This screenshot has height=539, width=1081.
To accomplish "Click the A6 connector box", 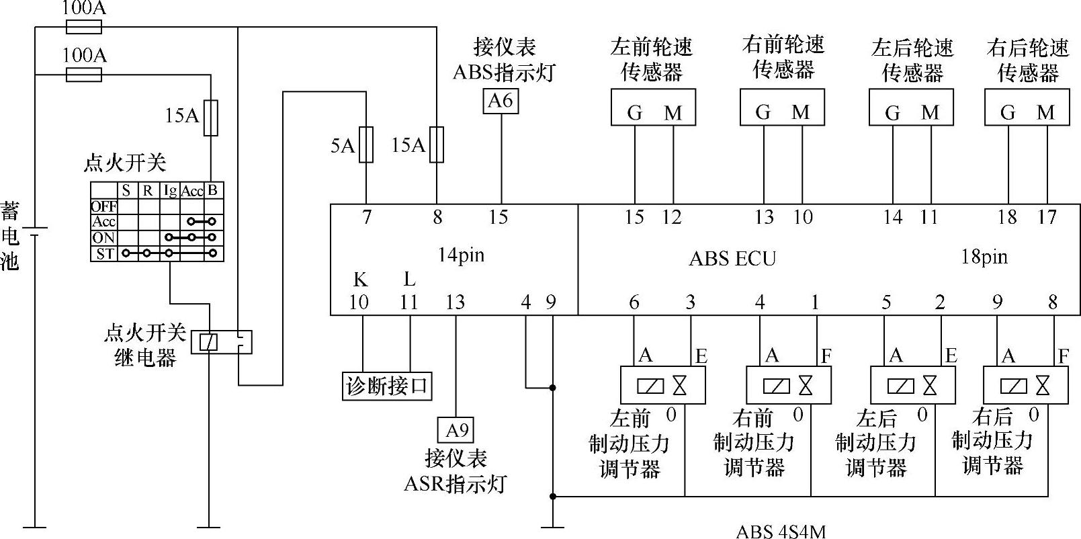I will [501, 101].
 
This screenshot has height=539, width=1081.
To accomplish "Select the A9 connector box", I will [456, 429].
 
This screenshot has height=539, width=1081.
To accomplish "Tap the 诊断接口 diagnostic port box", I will [386, 386].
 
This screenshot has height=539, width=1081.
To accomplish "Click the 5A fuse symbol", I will [366, 144].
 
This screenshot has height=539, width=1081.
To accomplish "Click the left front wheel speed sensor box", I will [652, 108].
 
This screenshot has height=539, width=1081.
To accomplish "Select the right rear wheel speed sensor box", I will [1027, 108].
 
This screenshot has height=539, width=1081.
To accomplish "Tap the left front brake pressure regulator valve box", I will [662, 385].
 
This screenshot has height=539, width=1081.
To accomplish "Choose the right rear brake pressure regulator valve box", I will [1025, 385].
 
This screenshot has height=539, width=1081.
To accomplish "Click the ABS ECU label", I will [732, 259].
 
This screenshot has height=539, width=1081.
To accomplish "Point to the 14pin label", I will [460, 255].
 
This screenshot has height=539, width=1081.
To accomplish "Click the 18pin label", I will [984, 257].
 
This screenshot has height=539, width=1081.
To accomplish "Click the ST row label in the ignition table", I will [105, 254].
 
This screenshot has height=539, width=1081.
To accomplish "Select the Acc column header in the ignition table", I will [191, 192].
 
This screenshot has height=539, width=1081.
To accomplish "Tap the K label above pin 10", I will [360, 280].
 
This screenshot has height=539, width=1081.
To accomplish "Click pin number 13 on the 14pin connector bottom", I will [455, 302].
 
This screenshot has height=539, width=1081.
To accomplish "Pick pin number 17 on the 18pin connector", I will [1047, 217].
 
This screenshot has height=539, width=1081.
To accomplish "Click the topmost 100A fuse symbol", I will [84, 27].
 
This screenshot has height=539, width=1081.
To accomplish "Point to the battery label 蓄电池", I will [9, 235].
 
